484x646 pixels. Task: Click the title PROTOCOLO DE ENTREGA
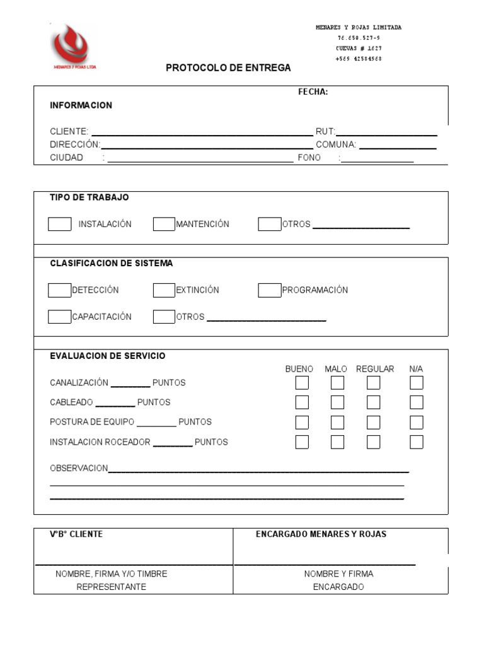point(228,68)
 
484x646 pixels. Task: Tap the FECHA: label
point(313,92)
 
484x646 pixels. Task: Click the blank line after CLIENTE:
point(202,132)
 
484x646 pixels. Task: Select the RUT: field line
point(386,132)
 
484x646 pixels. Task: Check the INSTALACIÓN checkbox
point(60,224)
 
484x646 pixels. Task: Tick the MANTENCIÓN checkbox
point(164,224)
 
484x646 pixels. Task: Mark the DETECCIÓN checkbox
point(60,290)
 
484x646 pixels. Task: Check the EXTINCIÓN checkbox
point(164,290)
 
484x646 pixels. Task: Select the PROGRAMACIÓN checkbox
point(269,290)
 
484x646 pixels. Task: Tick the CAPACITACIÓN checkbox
point(60,317)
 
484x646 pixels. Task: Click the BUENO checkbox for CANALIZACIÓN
point(302,383)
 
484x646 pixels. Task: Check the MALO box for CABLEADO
point(337,402)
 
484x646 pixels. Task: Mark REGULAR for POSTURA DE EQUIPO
point(373,422)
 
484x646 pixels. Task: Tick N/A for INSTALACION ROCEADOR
point(416,442)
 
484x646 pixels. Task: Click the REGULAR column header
point(375,369)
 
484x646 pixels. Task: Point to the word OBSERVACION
point(79,468)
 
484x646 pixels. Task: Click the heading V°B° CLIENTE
point(76,534)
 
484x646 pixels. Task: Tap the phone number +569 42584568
point(359,59)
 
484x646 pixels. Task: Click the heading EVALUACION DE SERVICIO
point(108,356)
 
